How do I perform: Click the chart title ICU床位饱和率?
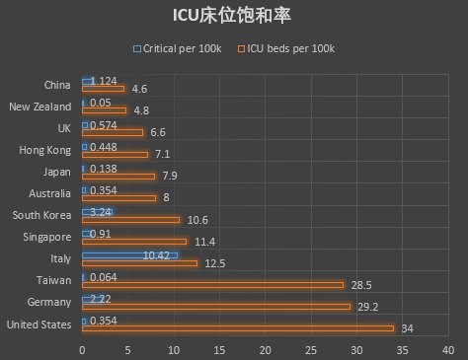coord(233,16)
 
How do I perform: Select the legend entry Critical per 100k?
coord(177,48)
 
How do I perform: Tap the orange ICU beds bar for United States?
coord(237,328)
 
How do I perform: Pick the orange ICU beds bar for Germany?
coord(215,307)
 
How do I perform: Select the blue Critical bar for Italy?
coord(129,255)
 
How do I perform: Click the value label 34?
coord(407,328)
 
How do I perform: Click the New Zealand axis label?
coord(39,107)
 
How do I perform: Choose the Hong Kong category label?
coord(44,150)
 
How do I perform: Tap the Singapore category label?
coord(46,237)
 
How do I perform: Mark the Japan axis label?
coord(56,172)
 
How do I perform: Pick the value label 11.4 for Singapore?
coord(204,242)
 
